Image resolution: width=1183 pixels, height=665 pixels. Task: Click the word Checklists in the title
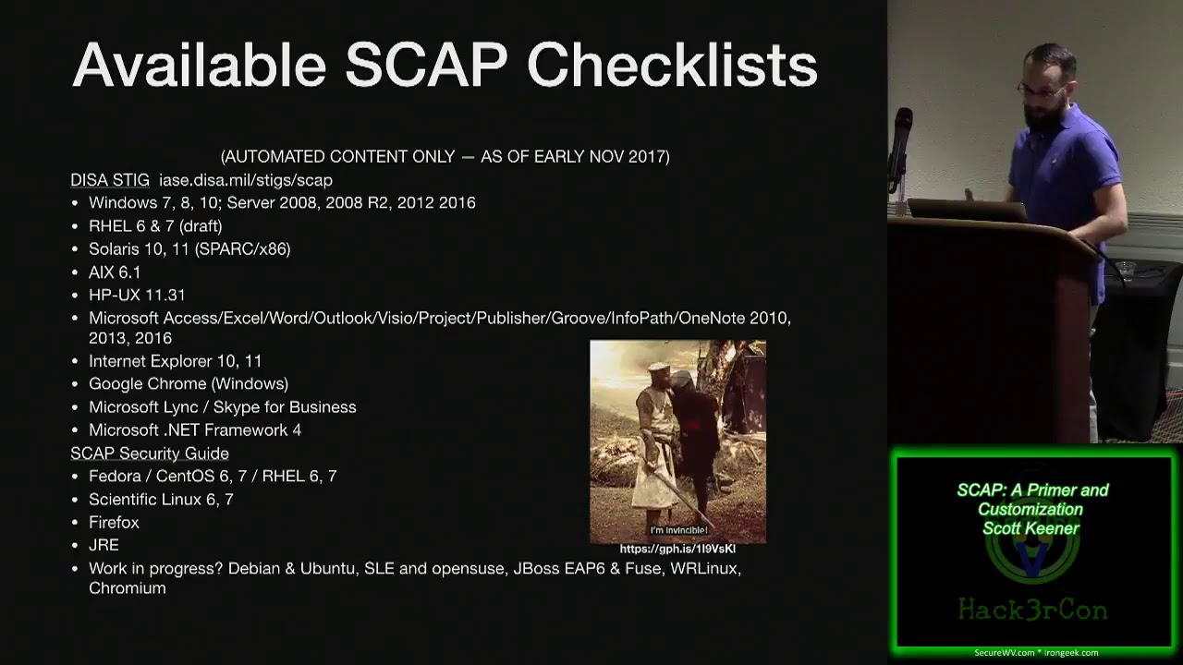click(672, 66)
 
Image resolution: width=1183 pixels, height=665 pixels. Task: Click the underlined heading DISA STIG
click(110, 180)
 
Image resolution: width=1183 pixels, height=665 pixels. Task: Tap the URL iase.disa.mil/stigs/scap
click(246, 180)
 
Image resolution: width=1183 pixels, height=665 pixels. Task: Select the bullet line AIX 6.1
click(115, 272)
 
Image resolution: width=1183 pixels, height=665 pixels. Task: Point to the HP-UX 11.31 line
click(137, 295)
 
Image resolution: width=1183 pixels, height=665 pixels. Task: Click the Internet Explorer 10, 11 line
click(175, 361)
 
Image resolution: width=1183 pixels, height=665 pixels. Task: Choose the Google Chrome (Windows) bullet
click(189, 383)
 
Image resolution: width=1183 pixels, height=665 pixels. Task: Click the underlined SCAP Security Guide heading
click(150, 453)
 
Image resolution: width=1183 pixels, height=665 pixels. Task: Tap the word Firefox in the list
click(114, 523)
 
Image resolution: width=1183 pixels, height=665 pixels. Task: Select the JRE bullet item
click(104, 545)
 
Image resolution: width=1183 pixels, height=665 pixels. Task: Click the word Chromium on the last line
click(128, 588)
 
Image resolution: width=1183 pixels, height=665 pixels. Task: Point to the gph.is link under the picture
click(677, 549)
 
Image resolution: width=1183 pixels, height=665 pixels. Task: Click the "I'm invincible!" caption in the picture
click(678, 530)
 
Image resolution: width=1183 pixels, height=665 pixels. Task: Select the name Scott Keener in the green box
click(1031, 528)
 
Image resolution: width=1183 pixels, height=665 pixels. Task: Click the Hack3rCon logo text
click(1032, 610)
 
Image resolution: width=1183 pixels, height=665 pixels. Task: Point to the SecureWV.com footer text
click(1004, 653)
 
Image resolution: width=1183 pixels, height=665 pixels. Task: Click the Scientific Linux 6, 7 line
click(161, 499)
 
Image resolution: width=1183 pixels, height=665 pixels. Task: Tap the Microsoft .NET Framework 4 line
click(195, 430)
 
